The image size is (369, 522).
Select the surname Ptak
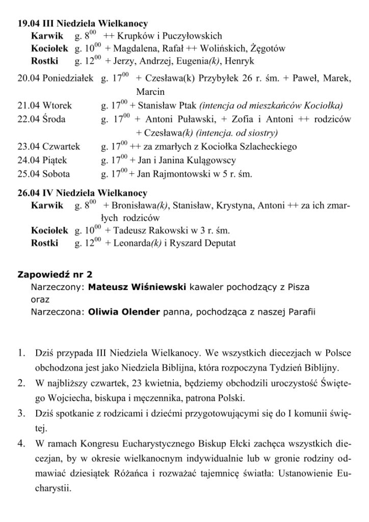coord(187,106)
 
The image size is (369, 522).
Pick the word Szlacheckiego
coord(267,147)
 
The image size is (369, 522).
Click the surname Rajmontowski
coord(177,174)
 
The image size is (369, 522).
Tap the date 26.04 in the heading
coord(27,194)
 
